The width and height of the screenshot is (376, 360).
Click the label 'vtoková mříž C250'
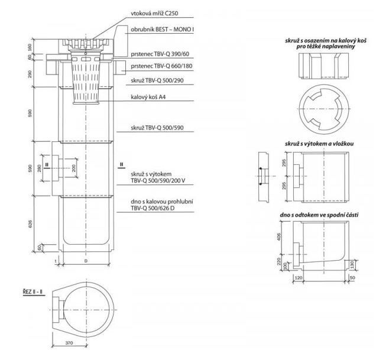click(x=154, y=13)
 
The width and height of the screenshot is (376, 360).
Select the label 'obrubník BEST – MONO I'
click(x=163, y=30)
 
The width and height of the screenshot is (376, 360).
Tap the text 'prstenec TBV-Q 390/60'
click(x=160, y=54)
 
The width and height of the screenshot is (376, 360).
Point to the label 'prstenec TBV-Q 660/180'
click(x=161, y=66)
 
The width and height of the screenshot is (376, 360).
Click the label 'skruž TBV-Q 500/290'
click(x=157, y=80)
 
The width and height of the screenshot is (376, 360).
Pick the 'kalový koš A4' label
click(x=148, y=97)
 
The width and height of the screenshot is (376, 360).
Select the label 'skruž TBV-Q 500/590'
click(x=157, y=128)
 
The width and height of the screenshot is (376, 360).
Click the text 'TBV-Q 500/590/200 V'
click(x=158, y=181)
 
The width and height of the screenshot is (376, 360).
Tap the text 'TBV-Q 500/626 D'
click(x=153, y=208)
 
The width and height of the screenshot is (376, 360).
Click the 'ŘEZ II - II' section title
click(x=33, y=292)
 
